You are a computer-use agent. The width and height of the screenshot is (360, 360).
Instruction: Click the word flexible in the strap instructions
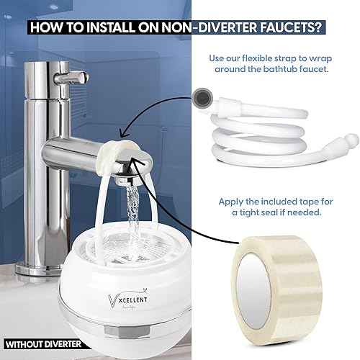pos(275,58)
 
